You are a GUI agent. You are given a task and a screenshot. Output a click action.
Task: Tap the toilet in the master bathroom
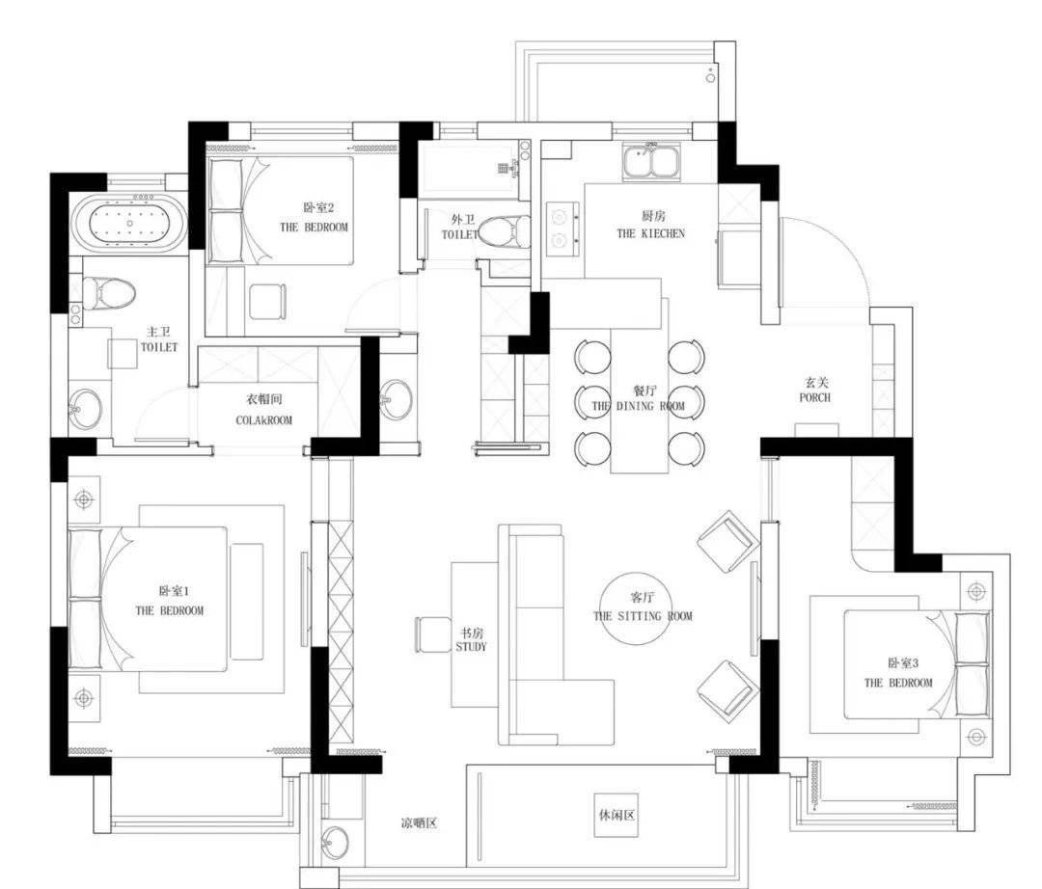pos(106,292)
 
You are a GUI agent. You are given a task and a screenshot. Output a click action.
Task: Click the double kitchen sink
pos(650,161)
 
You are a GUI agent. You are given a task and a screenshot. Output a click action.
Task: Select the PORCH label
pos(814,397)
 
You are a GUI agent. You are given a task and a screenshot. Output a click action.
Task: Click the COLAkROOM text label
pos(263,420)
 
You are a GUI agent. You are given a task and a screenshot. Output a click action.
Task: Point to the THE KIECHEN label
pos(650,233)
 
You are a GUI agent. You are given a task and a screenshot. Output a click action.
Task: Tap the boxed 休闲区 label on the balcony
pos(616,814)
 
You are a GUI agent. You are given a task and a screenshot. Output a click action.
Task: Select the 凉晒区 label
pos(419,823)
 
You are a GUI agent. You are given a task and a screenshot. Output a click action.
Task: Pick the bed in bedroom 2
pos(280,211)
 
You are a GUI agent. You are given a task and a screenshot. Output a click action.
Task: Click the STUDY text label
pos(471,647)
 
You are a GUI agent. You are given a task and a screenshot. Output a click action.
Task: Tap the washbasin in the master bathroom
pos(86,407)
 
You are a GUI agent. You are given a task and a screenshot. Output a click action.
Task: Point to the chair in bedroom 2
pos(267,302)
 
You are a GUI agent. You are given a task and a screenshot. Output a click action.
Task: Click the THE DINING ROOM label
pos(638,406)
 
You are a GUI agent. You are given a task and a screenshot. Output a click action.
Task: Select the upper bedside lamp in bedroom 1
pos(84,498)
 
